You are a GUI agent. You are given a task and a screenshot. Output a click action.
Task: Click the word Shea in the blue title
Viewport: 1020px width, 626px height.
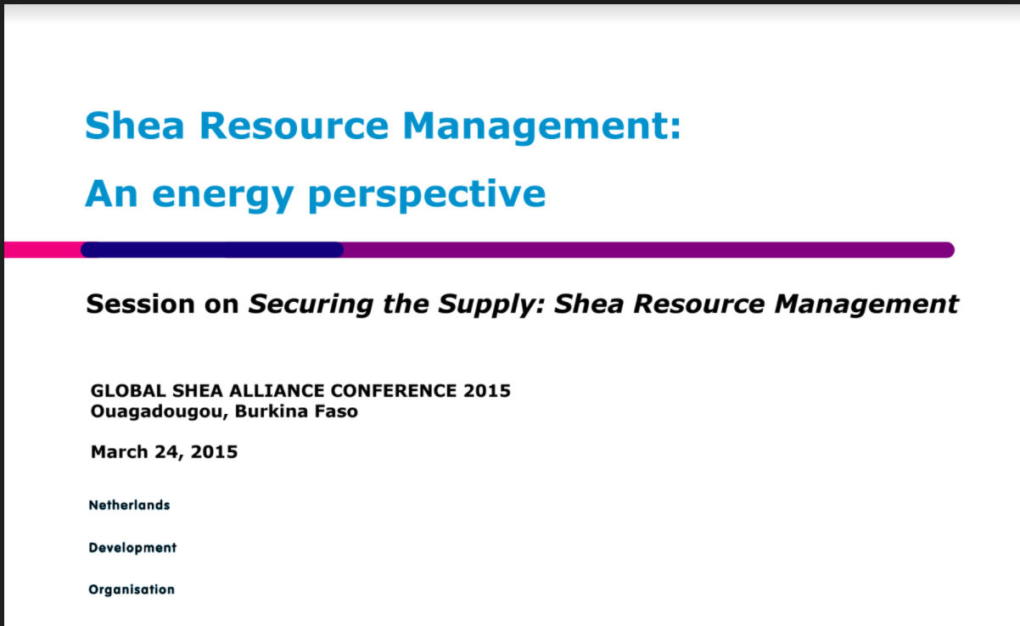pos(133,125)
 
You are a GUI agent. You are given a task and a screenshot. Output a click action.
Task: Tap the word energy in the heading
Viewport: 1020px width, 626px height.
pos(221,194)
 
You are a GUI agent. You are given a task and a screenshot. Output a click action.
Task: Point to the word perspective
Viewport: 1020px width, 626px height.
pos(427,194)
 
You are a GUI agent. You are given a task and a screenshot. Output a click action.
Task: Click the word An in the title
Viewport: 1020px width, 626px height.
pos(110,194)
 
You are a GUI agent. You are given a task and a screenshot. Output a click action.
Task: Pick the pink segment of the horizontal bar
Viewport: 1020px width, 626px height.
pos(42,249)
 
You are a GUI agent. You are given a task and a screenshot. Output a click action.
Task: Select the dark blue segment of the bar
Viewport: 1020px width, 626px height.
pos(212,249)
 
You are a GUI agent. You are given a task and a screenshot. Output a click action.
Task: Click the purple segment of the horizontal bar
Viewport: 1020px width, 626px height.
pos(645,249)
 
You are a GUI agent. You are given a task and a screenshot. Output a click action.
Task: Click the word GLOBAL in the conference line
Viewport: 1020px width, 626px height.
pos(120,391)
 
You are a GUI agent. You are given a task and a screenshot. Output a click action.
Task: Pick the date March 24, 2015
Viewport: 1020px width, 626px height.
pos(164,451)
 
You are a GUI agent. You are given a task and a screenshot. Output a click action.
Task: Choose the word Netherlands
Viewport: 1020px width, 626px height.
pos(129,505)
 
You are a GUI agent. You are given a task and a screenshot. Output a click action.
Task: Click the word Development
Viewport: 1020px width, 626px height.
pos(132,547)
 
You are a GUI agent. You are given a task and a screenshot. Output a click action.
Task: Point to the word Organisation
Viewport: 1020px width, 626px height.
pos(132,590)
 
